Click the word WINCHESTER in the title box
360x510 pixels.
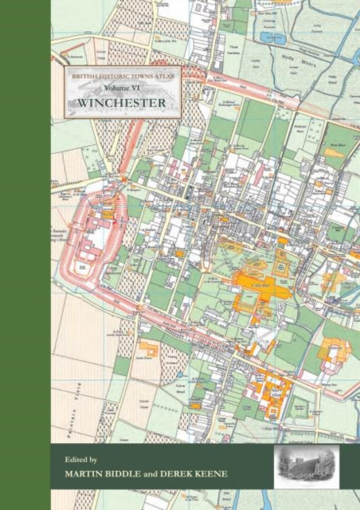pyautogui.click(x=121, y=103)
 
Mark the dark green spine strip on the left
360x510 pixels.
pyautogui.click(x=25, y=255)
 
